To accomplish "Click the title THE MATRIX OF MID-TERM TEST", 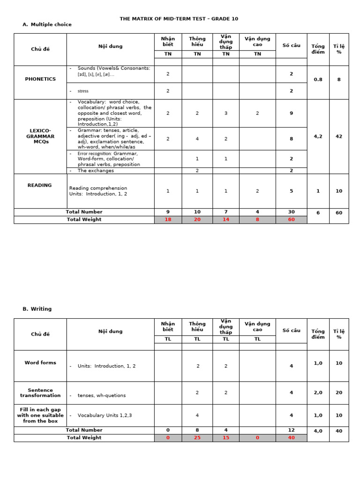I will pyautogui.click(x=179, y=19).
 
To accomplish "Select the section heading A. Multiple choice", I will pyautogui.click(x=47, y=24).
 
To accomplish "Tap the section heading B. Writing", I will pyautogui.click(x=37, y=309).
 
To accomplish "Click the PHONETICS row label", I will pyautogui.click(x=40, y=79).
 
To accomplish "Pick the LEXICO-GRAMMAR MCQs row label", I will pyautogui.click(x=40, y=136).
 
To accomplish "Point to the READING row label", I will pyautogui.click(x=40, y=185).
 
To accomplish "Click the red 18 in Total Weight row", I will pyautogui.click(x=168, y=219).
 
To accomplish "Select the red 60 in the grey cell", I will pyautogui.click(x=291, y=219).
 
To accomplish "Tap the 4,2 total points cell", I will pyautogui.click(x=318, y=136).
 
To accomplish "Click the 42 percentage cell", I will pyautogui.click(x=339, y=136).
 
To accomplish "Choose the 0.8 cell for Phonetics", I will pyautogui.click(x=318, y=80).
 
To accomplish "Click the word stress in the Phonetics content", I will pyautogui.click(x=83, y=91).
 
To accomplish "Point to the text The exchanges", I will pyautogui.click(x=96, y=171).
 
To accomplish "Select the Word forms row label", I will pyautogui.click(x=40, y=362).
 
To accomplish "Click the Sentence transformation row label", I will pyautogui.click(x=40, y=393).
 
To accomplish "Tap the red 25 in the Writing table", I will pyautogui.click(x=197, y=438).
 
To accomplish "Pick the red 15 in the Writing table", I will pyautogui.click(x=225, y=438).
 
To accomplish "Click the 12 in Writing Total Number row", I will pyautogui.click(x=291, y=430).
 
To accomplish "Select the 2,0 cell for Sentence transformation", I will pyautogui.click(x=318, y=393).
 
